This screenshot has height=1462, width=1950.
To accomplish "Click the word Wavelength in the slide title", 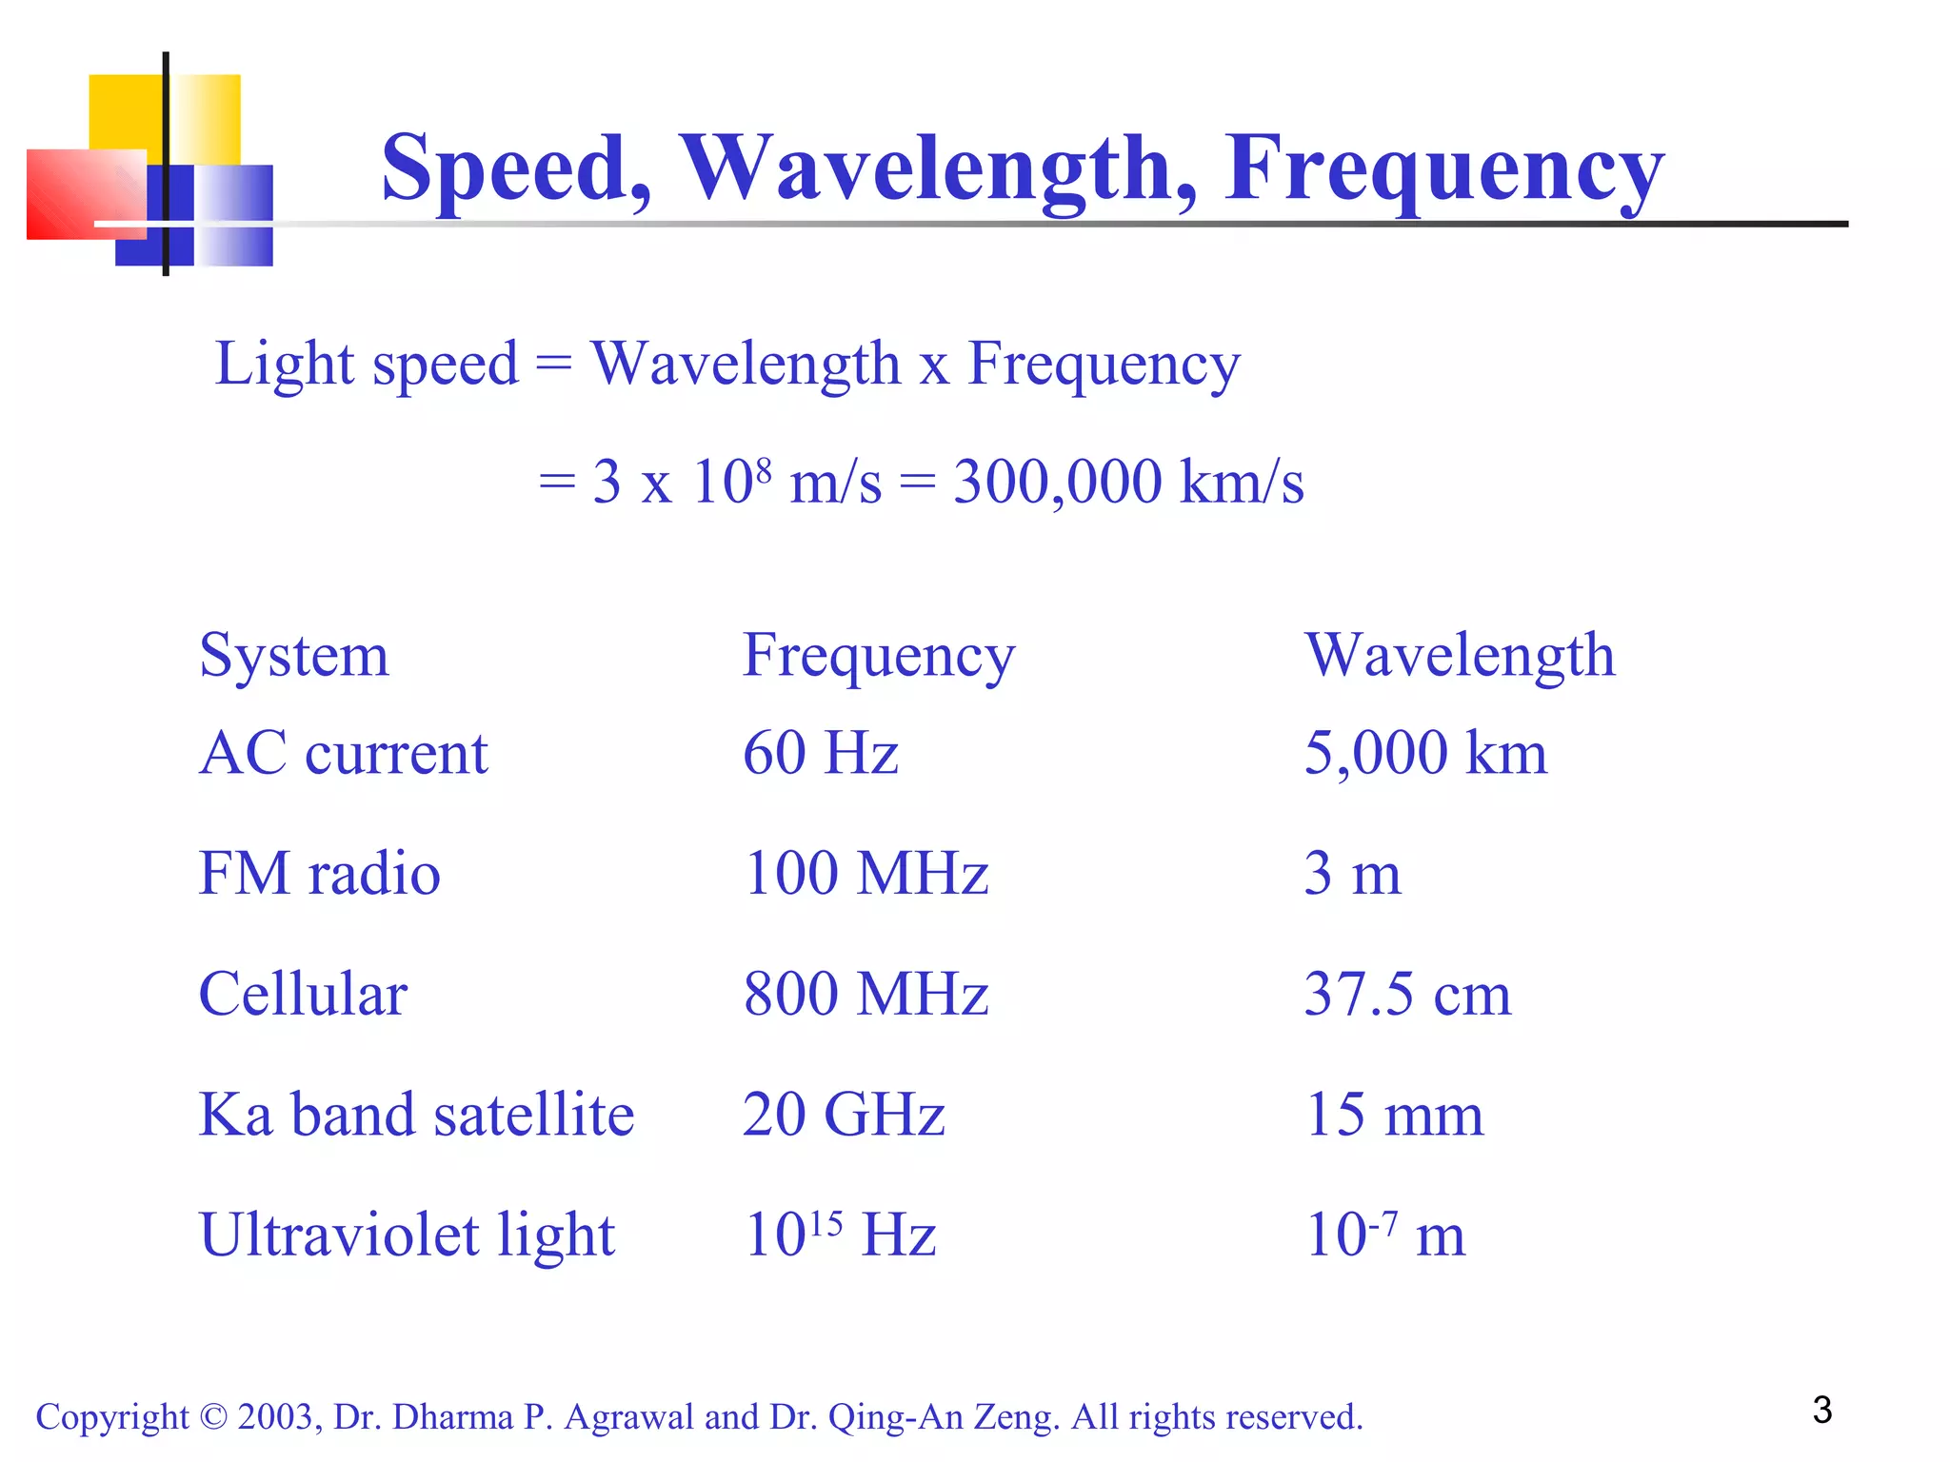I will [x=938, y=168].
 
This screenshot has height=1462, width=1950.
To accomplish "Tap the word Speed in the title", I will [x=515, y=168].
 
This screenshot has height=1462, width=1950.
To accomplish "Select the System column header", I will [x=294, y=656].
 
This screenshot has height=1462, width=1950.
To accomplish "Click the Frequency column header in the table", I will [x=878, y=656].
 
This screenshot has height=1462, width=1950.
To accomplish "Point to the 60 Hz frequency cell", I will [x=820, y=753].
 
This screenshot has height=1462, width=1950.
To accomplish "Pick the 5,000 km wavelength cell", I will [x=1424, y=753].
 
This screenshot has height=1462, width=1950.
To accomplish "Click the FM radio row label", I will [x=319, y=873].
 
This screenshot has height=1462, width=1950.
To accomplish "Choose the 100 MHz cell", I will [x=866, y=873].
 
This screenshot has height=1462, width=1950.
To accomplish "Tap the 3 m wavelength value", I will [x=1352, y=873].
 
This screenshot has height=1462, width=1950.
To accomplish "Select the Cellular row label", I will [x=303, y=994].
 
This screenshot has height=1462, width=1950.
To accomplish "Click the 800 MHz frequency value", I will [x=866, y=994].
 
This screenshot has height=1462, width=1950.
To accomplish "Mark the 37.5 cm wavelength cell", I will [x=1407, y=994].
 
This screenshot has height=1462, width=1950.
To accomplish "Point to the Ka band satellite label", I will [x=416, y=1115].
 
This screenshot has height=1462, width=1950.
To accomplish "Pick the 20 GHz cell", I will [x=844, y=1115].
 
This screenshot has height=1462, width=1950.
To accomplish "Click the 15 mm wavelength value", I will [x=1394, y=1115].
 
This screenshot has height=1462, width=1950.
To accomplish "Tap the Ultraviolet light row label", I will [x=407, y=1235].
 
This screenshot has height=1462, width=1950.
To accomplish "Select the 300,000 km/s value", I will [x=1128, y=482].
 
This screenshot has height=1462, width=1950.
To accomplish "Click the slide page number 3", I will [x=1821, y=1410].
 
